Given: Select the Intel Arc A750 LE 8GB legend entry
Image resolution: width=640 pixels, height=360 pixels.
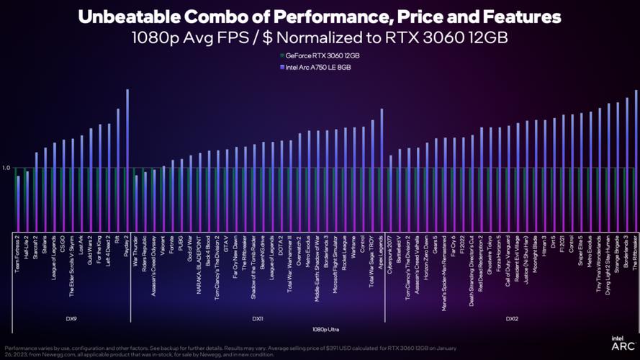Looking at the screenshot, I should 320,66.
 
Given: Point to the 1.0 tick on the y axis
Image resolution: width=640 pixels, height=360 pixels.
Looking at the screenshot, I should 6,168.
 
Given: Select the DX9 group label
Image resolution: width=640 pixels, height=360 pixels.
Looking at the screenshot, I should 72,318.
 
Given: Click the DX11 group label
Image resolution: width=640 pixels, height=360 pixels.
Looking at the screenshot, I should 257,318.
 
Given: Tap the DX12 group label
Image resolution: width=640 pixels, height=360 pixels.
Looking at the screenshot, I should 511,318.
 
